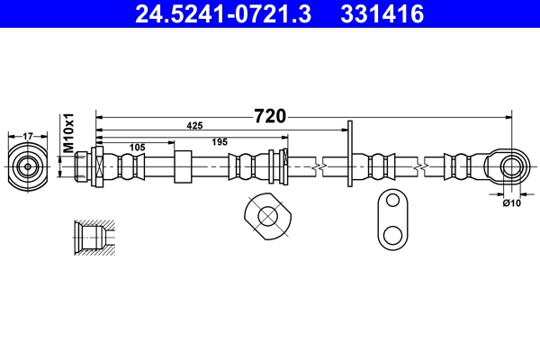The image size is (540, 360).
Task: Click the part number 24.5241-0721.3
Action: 223,14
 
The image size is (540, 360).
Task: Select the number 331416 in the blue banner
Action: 382,14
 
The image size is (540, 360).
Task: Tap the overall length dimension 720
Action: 270,116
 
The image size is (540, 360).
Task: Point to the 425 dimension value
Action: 194,126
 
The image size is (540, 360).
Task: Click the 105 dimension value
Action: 137,148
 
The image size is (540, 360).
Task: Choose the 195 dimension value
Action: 220,142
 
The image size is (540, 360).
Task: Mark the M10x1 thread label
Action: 69,132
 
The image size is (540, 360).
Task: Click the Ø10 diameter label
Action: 512,203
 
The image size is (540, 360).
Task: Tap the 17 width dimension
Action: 28,137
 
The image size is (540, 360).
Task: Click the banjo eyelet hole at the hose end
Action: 512,166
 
